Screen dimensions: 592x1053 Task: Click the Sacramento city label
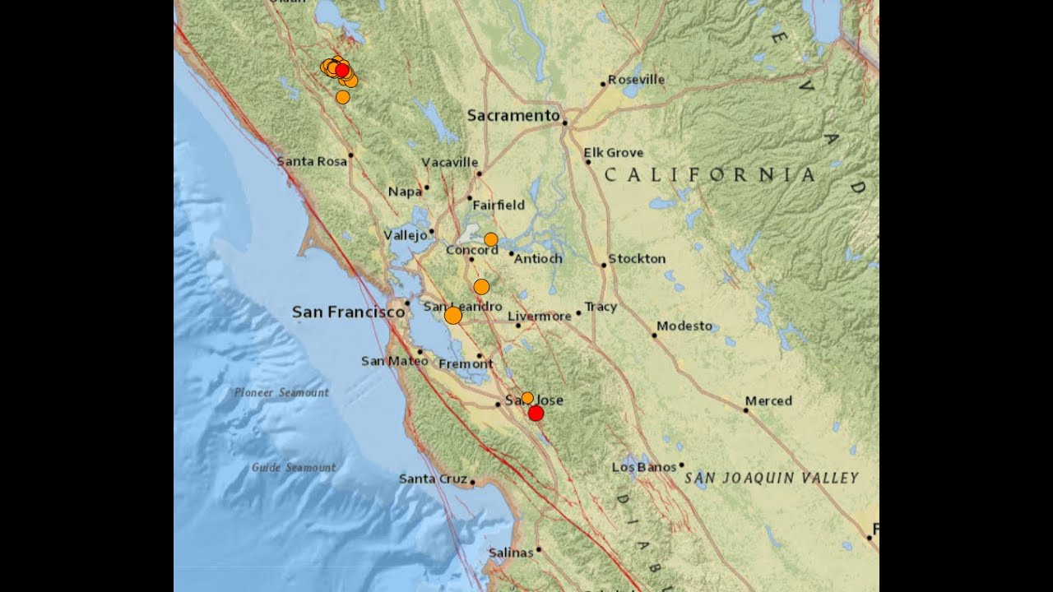pyautogui.click(x=513, y=116)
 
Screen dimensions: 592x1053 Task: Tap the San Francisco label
pyautogui.click(x=348, y=312)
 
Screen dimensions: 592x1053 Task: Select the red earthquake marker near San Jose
pyautogui.click(x=536, y=413)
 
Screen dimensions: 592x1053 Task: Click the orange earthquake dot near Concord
pyautogui.click(x=490, y=239)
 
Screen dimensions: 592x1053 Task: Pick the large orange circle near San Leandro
pyautogui.click(x=452, y=315)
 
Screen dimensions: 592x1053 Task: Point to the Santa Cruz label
pyautogui.click(x=433, y=479)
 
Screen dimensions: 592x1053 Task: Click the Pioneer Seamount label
pyautogui.click(x=281, y=392)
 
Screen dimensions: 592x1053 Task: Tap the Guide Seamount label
pyautogui.click(x=294, y=467)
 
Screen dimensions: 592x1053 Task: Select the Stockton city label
pyautogui.click(x=637, y=259)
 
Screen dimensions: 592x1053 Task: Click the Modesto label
pyautogui.click(x=684, y=326)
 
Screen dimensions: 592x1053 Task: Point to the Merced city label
pyautogui.click(x=768, y=401)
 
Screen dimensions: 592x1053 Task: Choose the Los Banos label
pyautogui.click(x=644, y=467)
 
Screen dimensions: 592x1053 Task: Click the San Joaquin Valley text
pyautogui.click(x=772, y=478)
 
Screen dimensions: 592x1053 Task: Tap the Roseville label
pyautogui.click(x=637, y=80)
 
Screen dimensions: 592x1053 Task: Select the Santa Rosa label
pyautogui.click(x=312, y=161)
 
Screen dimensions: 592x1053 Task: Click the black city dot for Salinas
pyautogui.click(x=539, y=549)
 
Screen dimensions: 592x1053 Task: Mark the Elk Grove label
pyautogui.click(x=614, y=153)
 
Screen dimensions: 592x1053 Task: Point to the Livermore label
pyautogui.click(x=540, y=316)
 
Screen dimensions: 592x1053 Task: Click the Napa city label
pyautogui.click(x=405, y=192)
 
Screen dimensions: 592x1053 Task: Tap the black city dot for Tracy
pyautogui.click(x=578, y=312)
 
